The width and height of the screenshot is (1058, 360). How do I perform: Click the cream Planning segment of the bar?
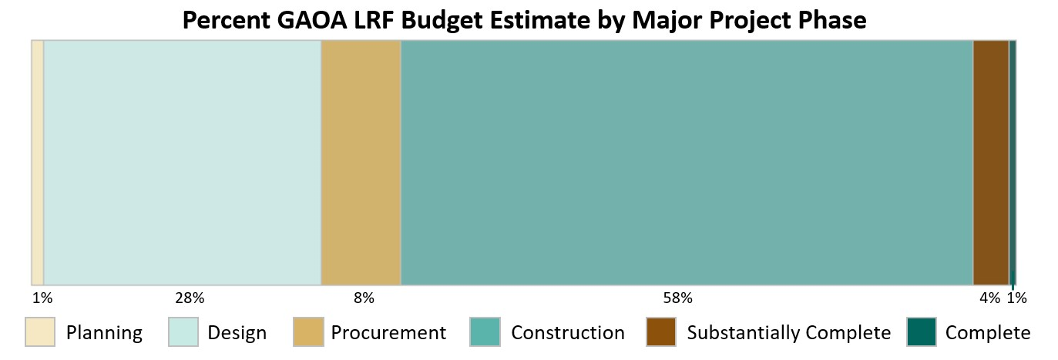tap(37, 163)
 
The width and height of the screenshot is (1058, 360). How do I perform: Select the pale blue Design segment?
tap(182, 163)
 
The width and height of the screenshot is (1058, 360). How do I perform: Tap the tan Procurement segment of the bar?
tap(361, 163)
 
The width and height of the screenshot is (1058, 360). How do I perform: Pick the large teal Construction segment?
tap(687, 163)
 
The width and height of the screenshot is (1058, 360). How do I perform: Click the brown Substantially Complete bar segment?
tap(991, 163)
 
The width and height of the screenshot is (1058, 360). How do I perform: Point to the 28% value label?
tap(190, 298)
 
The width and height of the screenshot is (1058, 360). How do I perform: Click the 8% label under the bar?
tap(364, 298)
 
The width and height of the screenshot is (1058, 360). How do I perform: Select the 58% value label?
tap(678, 298)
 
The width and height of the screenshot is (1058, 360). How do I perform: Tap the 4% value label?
tap(989, 298)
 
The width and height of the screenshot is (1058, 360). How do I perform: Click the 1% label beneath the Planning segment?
tap(42, 298)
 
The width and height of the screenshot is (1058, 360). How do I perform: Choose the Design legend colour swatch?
tap(183, 332)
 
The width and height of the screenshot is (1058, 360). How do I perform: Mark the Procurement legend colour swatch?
tap(307, 332)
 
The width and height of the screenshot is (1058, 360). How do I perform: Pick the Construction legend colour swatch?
tap(485, 332)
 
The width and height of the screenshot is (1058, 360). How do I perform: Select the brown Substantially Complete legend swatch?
tap(661, 332)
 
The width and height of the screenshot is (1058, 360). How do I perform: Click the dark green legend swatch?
tap(921, 332)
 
